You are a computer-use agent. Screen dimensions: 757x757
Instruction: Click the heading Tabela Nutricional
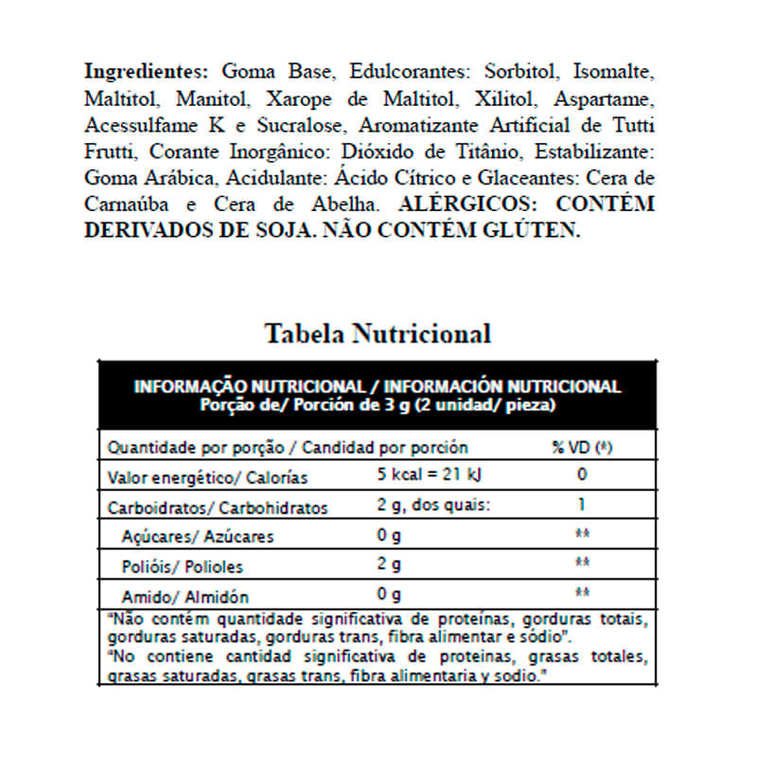click(378, 334)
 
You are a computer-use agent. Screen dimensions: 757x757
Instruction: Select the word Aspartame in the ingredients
click(605, 98)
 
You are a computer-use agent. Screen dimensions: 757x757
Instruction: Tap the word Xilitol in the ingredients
click(506, 98)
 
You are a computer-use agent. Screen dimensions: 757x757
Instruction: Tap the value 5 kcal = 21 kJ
click(430, 475)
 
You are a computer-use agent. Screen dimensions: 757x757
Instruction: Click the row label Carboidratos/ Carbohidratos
click(218, 507)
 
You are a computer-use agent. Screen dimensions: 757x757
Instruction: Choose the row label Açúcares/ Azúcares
click(198, 537)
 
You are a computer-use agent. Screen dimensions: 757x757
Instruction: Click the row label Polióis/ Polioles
click(183, 567)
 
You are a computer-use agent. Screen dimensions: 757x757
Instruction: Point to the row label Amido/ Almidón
click(185, 596)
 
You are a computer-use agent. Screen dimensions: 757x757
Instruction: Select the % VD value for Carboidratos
click(582, 505)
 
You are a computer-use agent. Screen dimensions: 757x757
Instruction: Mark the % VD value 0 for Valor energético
click(582, 475)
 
